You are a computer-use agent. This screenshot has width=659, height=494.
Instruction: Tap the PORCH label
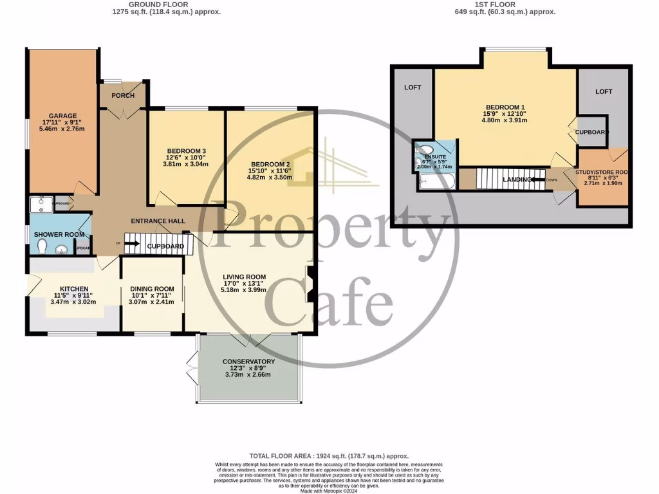pyautogui.click(x=123, y=96)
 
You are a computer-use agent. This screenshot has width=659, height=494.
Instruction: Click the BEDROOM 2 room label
pyautogui.click(x=268, y=165)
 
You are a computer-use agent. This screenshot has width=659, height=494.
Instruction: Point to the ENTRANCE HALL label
pyautogui.click(x=158, y=221)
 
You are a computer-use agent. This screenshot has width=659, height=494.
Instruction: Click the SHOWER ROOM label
pyautogui.click(x=55, y=234)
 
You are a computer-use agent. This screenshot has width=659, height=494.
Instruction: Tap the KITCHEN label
pyautogui.click(x=74, y=289)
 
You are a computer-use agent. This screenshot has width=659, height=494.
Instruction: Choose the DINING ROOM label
pyautogui.click(x=152, y=289)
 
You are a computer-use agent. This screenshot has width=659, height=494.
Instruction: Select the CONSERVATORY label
pyautogui.click(x=248, y=361)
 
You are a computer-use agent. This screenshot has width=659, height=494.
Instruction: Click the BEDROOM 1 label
pyautogui.click(x=505, y=107)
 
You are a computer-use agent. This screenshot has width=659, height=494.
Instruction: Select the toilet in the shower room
pyautogui.click(x=42, y=248)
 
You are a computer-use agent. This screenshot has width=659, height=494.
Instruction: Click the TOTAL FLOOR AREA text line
pyautogui.click(x=329, y=455)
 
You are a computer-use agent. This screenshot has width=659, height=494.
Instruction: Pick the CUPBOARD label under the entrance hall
pyautogui.click(x=165, y=246)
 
